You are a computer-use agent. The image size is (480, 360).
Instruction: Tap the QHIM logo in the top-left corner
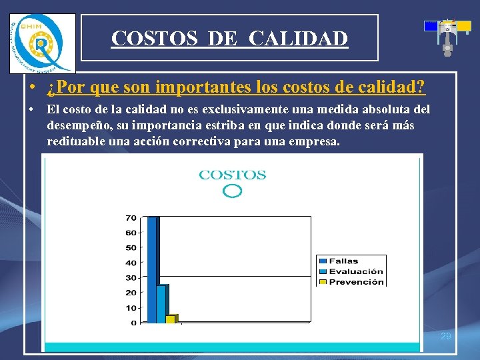pyautogui.click(x=41, y=43)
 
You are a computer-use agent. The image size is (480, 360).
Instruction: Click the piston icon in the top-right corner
pyautogui.click(x=447, y=35)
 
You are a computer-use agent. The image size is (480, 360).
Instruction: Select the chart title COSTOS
pyautogui.click(x=233, y=175)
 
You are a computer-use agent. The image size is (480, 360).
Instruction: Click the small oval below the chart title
pyautogui.click(x=232, y=191)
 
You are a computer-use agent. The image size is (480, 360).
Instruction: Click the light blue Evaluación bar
pyautogui.click(x=161, y=303)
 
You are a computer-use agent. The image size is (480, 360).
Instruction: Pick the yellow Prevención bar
pyautogui.click(x=171, y=319)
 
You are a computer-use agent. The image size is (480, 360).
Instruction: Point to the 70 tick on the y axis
pyautogui.click(x=131, y=218)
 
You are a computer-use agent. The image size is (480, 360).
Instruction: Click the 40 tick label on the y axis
pyautogui.click(x=131, y=263)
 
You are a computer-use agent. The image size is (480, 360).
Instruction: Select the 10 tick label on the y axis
pyautogui.click(x=131, y=308)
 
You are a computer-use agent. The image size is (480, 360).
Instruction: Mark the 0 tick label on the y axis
pyautogui.click(x=133, y=323)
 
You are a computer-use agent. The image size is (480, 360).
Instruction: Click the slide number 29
pyautogui.click(x=446, y=336)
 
